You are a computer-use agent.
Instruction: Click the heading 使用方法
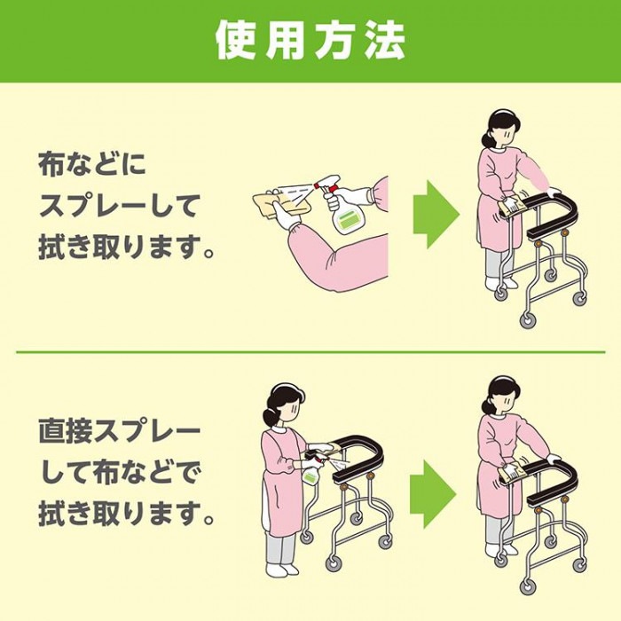(310, 41)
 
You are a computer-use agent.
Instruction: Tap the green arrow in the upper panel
(436, 215)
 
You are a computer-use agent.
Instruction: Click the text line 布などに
(91, 164)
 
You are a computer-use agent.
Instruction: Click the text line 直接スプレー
(120, 434)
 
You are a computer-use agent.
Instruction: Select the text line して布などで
(120, 475)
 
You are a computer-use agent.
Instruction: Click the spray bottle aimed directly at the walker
(310, 470)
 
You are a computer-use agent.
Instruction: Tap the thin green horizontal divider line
(310, 351)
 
